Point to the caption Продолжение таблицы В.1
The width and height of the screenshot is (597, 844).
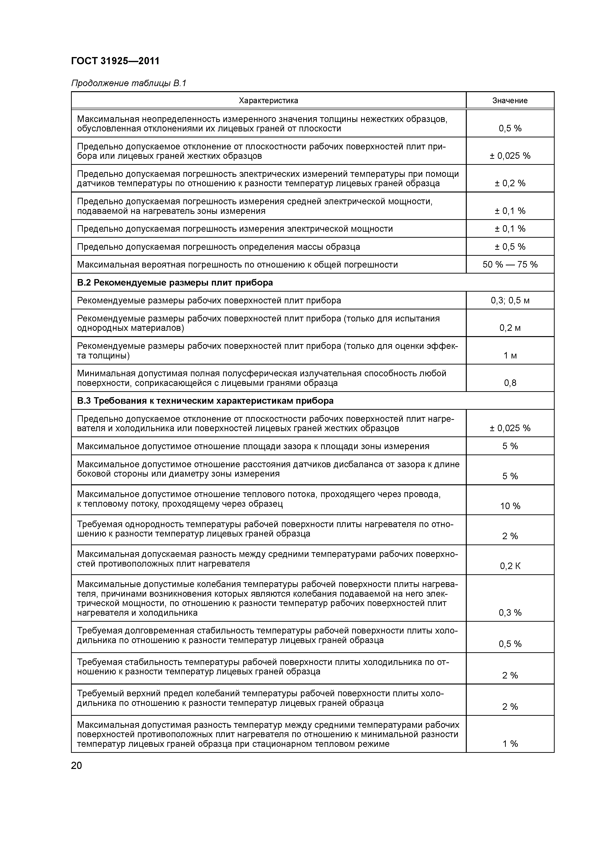click(x=129, y=83)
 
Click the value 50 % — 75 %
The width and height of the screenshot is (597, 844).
click(x=510, y=265)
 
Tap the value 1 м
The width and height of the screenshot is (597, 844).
click(x=510, y=355)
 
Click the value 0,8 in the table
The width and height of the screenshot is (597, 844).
click(x=510, y=383)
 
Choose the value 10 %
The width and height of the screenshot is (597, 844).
click(x=510, y=506)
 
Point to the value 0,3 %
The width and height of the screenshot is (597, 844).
click(x=510, y=612)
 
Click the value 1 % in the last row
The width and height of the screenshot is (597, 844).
click(x=510, y=744)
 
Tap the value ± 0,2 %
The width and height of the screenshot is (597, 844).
click(x=510, y=183)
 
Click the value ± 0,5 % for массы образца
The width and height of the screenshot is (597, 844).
click(x=510, y=247)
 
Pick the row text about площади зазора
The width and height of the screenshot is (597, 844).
click(x=253, y=446)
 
